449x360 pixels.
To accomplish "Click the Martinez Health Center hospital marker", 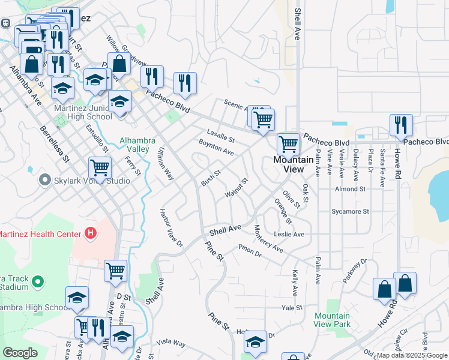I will click(x=91, y=233).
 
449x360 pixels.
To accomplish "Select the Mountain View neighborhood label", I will click(x=293, y=164).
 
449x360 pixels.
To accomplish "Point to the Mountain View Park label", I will click(x=332, y=320).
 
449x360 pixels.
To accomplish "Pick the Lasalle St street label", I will click(x=220, y=136).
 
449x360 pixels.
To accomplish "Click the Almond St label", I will click(x=351, y=189).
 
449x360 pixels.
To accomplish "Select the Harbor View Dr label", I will click(x=170, y=227).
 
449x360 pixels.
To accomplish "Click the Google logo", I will click(x=20, y=353).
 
